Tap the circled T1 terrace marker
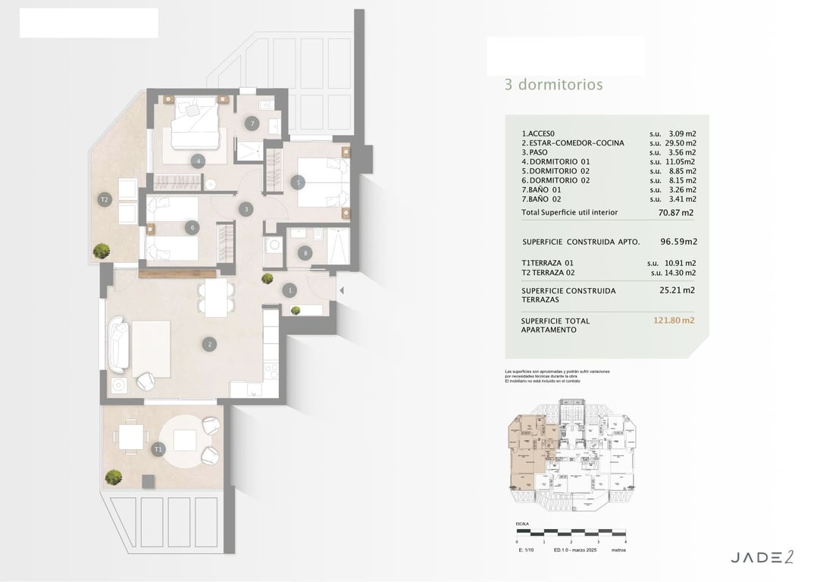pos(158,449)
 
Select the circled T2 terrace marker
pos(105,199)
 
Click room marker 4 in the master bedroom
pos(198,161)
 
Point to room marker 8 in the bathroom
pos(305,253)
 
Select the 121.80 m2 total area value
pos(674,321)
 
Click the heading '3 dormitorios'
pos(553,85)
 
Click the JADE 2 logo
pos(762,558)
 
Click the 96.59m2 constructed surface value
pos(678,242)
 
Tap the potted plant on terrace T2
pos(100,250)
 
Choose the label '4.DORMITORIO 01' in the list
pos(555,161)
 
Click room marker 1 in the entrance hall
pos(289,289)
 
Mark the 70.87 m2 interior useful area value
pos(676,213)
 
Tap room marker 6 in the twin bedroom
pos(193,227)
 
